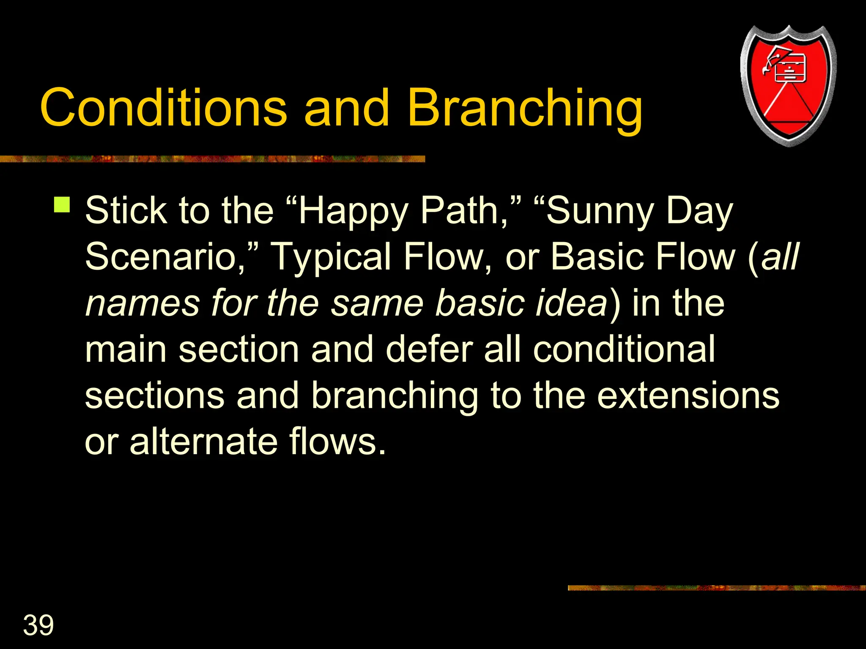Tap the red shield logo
[x=788, y=87]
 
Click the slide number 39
[x=38, y=625]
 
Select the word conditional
[x=624, y=349]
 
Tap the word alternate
[x=203, y=442]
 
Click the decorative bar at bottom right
[x=716, y=588]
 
